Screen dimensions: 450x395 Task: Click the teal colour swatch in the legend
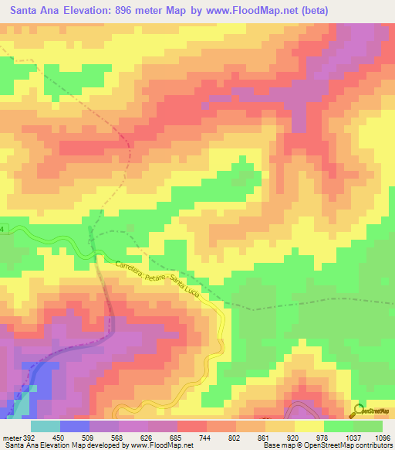[x=45, y=426]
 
